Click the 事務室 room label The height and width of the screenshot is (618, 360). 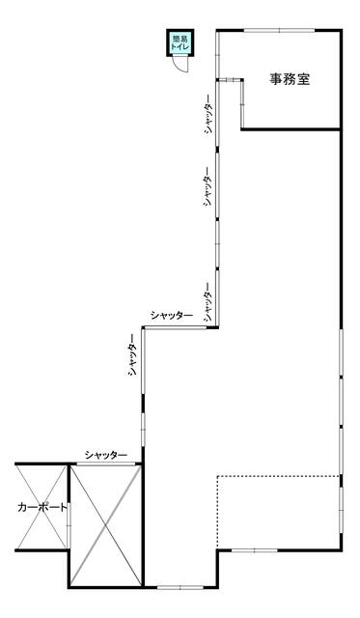pos(290,79)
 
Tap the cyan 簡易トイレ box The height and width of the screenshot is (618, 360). pos(180,43)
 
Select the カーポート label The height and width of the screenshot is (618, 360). pos(42,507)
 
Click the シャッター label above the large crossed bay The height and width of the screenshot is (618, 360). pos(106,455)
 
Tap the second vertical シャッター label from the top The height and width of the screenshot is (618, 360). pos(208,185)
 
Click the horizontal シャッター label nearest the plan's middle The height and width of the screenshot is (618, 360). pos(172,316)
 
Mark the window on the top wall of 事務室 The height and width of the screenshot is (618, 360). pos(279,30)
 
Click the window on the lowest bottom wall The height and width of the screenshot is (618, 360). pos(180,587)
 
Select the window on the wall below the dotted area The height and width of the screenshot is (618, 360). pos(254,550)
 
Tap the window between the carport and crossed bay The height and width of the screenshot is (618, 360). pos(69,524)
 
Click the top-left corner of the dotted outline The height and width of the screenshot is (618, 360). pos(217,476)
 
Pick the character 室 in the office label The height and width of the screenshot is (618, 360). pos(303,79)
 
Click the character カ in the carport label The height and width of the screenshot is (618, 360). pos(22,507)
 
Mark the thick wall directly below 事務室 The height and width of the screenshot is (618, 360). pos(291,128)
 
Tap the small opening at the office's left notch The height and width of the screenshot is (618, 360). pos(230,80)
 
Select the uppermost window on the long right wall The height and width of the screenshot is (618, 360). pos(341,353)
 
